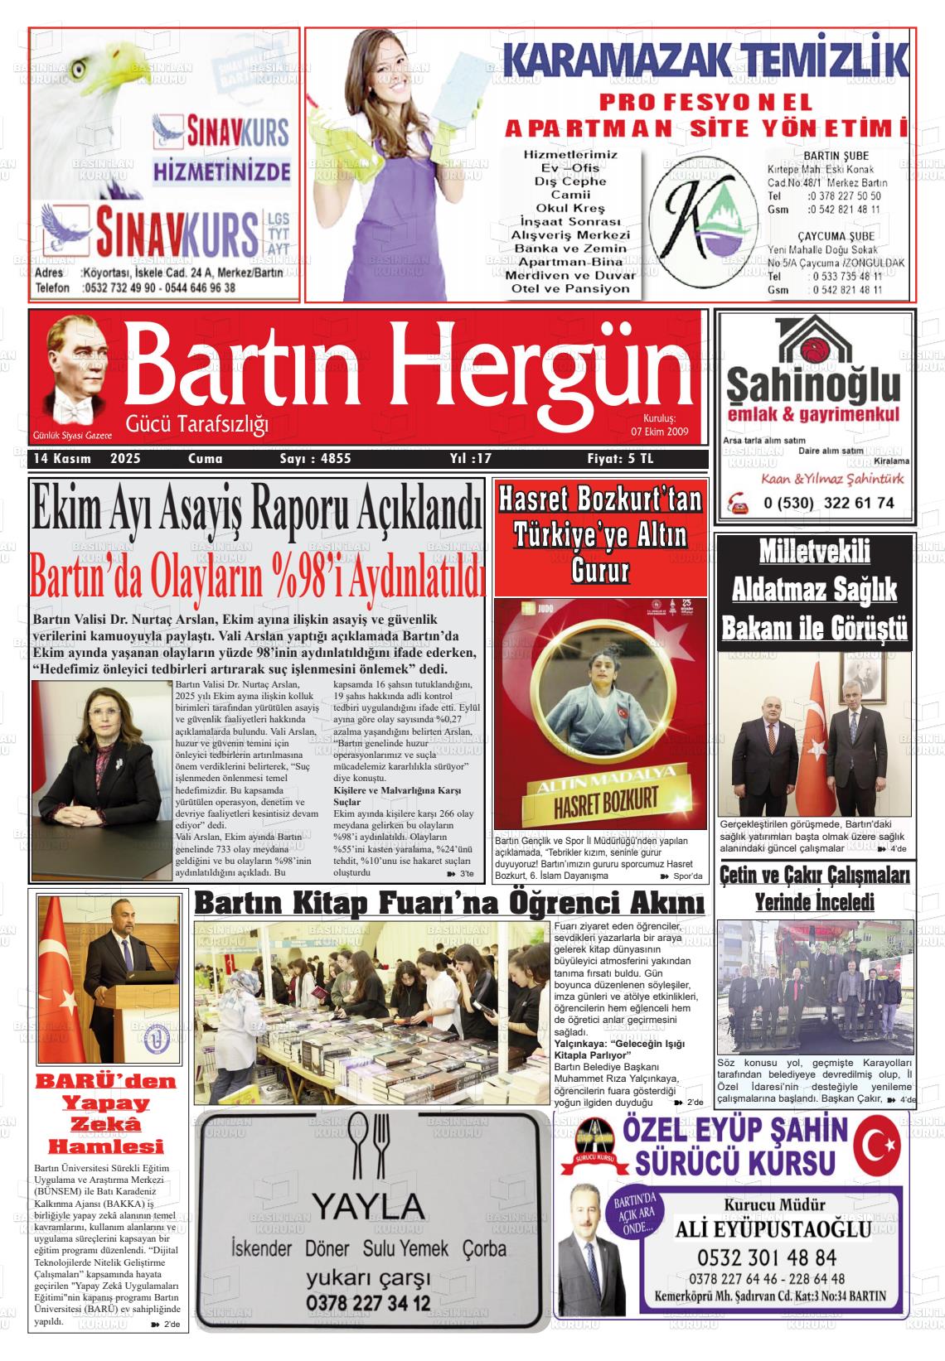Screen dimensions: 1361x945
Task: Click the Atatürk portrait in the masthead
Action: (x=78, y=373)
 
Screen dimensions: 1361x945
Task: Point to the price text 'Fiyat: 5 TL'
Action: (x=620, y=458)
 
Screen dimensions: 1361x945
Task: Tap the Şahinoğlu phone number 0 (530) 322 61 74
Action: (x=828, y=503)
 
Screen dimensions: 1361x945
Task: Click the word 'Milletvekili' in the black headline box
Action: (x=815, y=553)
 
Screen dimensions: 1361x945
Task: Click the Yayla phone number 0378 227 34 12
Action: (x=368, y=1303)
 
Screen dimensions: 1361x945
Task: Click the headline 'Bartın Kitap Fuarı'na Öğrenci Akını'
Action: (x=449, y=903)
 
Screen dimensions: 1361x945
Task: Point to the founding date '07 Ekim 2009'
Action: (x=660, y=432)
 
